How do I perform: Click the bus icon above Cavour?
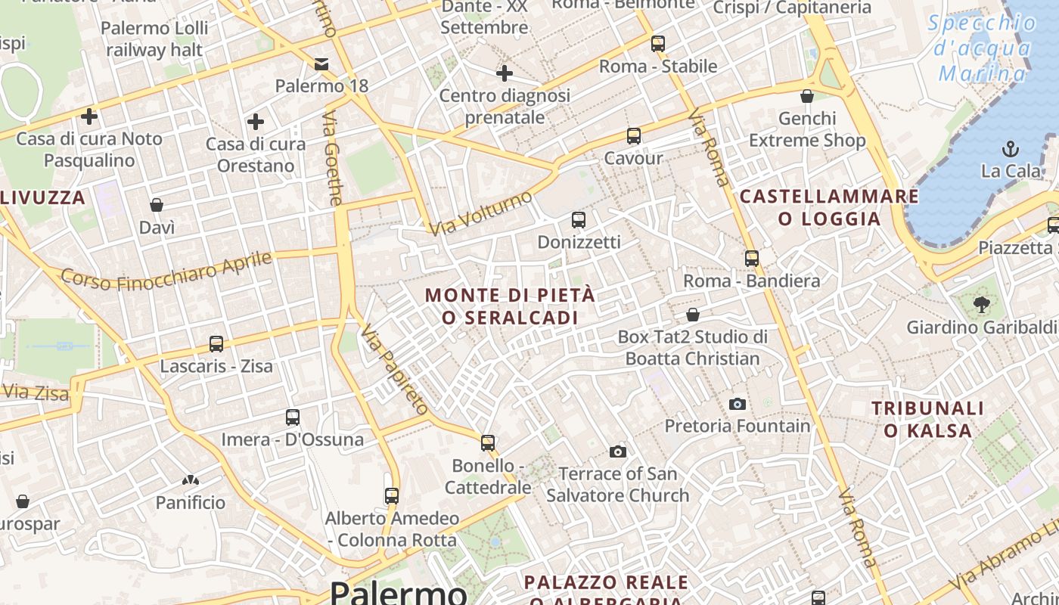point(633,136)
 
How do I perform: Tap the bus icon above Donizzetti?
point(579,220)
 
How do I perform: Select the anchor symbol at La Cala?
point(1010,148)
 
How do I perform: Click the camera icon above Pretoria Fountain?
point(738,404)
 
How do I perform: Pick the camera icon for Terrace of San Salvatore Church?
point(618,451)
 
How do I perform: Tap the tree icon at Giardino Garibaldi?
point(982,305)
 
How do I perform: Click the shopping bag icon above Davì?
point(157,205)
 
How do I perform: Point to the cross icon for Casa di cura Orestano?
point(256,121)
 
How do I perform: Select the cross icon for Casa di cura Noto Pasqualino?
point(89,116)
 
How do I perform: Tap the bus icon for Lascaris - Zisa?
point(216,344)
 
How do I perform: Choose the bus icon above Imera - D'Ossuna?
point(293,417)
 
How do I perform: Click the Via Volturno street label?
point(480,213)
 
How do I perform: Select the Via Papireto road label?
point(393,370)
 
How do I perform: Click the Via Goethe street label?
point(333,159)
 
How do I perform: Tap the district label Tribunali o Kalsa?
point(928,420)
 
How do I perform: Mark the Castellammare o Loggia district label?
point(829,208)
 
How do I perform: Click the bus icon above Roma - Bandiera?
point(751,259)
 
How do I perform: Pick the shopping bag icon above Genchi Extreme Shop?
point(807,96)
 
